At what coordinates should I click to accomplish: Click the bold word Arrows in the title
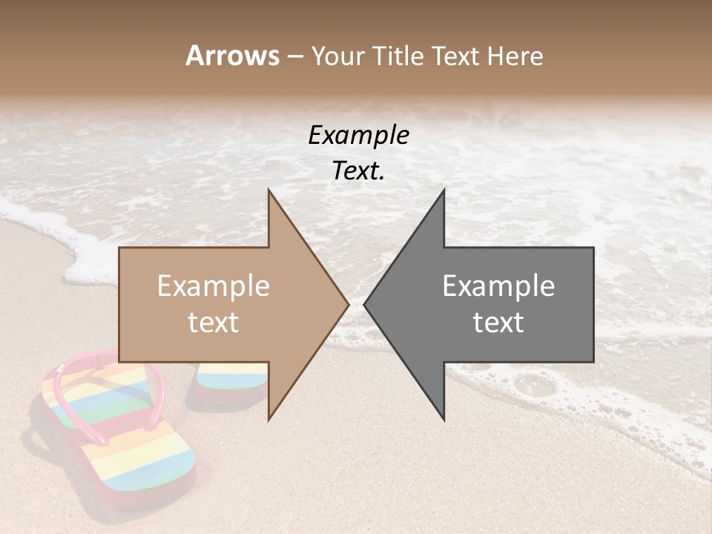coord(232,56)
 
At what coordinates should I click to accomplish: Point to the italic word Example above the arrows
coord(358,135)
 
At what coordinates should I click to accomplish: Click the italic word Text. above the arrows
coord(358,171)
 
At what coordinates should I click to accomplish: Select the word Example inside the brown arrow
coord(213,286)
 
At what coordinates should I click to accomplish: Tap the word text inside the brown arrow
coord(213,323)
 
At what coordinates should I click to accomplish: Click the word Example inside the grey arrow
coord(498,286)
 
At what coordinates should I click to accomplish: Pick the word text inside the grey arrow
coord(498,323)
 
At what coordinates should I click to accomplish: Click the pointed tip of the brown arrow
coord(347,304)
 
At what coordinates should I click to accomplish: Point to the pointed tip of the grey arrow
coord(366,304)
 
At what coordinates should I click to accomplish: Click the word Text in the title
coord(460,56)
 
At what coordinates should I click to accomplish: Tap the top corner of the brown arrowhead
coord(269,191)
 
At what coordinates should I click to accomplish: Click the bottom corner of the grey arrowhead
coord(444,419)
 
